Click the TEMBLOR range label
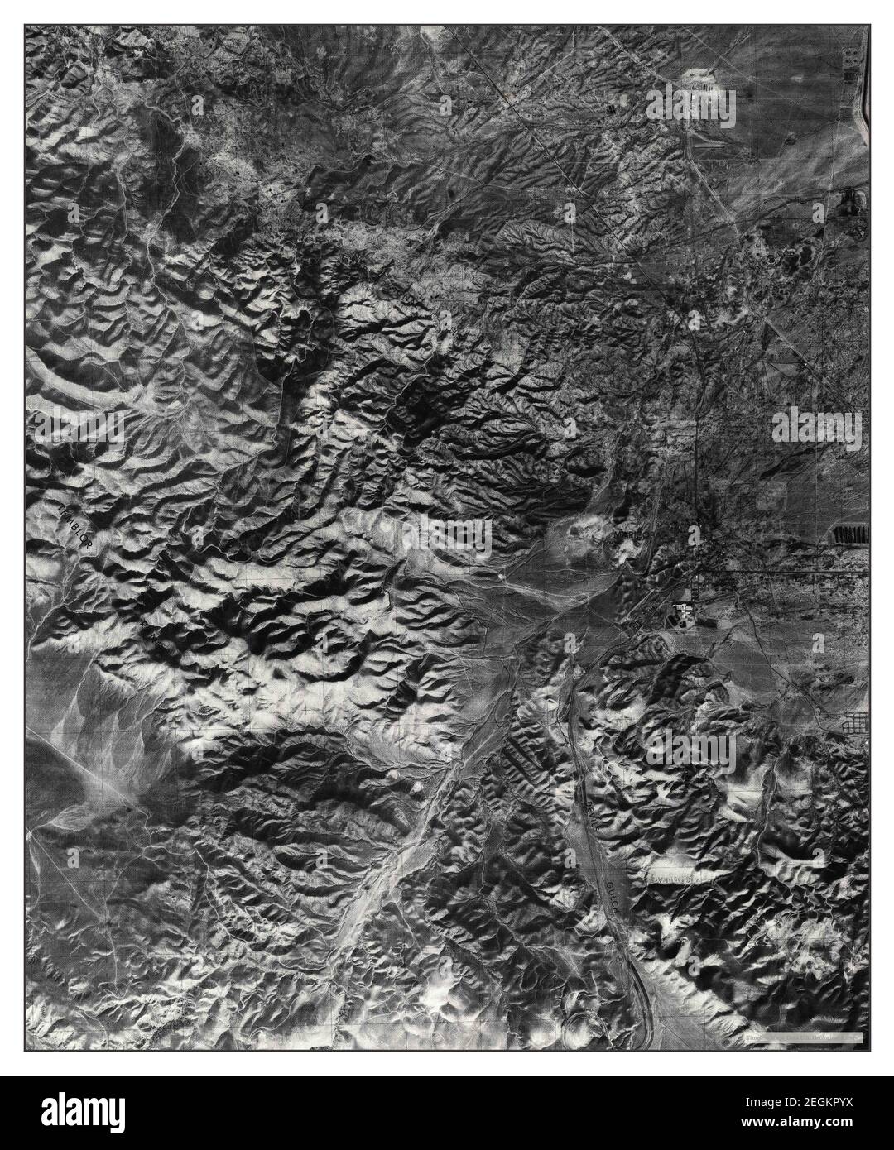(76, 524)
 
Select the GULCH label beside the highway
(610, 894)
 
